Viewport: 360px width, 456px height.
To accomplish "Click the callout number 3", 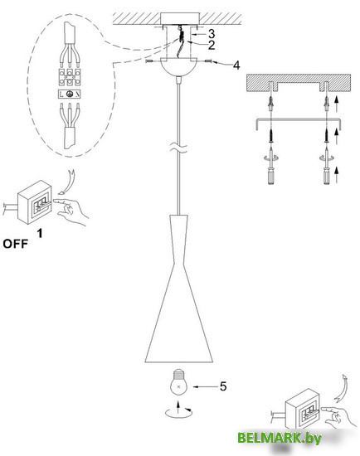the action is [x=212, y=34].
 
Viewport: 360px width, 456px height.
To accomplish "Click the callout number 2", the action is [x=212, y=45].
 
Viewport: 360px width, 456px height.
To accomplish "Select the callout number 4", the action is [x=237, y=65].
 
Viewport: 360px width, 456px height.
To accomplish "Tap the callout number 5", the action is [x=223, y=386].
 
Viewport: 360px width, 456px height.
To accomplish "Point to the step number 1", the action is [x=40, y=233].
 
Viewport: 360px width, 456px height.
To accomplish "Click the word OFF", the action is [x=16, y=244].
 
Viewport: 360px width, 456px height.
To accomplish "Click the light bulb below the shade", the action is [x=178, y=382].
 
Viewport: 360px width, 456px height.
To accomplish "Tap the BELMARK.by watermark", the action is [x=280, y=438].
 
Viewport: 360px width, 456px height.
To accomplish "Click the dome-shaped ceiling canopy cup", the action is [x=179, y=67].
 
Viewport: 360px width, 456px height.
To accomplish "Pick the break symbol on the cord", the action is [x=179, y=148].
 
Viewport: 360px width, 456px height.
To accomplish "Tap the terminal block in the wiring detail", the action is [x=70, y=77].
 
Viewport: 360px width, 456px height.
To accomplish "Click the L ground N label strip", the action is [x=70, y=94].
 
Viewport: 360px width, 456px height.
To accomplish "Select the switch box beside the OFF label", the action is [x=35, y=201].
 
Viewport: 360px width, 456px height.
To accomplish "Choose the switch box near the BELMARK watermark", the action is [x=303, y=410].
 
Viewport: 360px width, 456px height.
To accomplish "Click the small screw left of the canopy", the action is [x=148, y=61].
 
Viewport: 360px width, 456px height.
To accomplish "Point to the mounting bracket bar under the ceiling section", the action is [x=298, y=121].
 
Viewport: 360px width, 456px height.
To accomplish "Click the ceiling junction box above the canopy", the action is [x=181, y=20].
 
